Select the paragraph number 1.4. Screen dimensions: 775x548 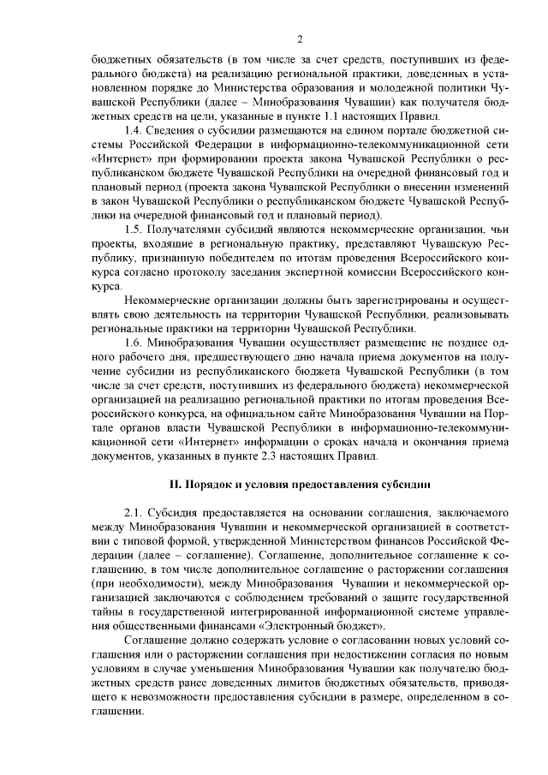[134, 129]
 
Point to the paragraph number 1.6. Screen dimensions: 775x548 [134, 343]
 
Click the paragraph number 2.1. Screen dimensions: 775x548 [134, 511]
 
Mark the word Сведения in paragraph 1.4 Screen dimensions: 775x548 [175, 129]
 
